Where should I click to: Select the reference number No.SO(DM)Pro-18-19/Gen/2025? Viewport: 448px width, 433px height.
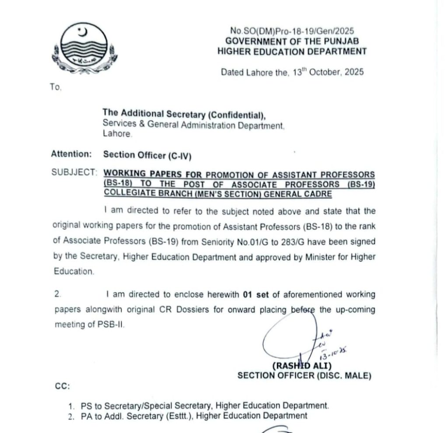pyautogui.click(x=292, y=31)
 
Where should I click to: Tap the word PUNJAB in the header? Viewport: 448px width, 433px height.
pyautogui.click(x=340, y=41)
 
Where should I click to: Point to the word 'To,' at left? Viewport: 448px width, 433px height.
pyautogui.click(x=56, y=87)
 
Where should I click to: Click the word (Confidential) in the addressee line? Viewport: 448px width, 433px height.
pyautogui.click(x=236, y=115)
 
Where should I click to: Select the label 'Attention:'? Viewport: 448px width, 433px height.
pyautogui.click(x=71, y=154)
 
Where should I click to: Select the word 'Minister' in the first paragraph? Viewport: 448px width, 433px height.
pyautogui.click(x=322, y=257)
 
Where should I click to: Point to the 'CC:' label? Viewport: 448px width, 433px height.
pyautogui.click(x=62, y=387)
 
